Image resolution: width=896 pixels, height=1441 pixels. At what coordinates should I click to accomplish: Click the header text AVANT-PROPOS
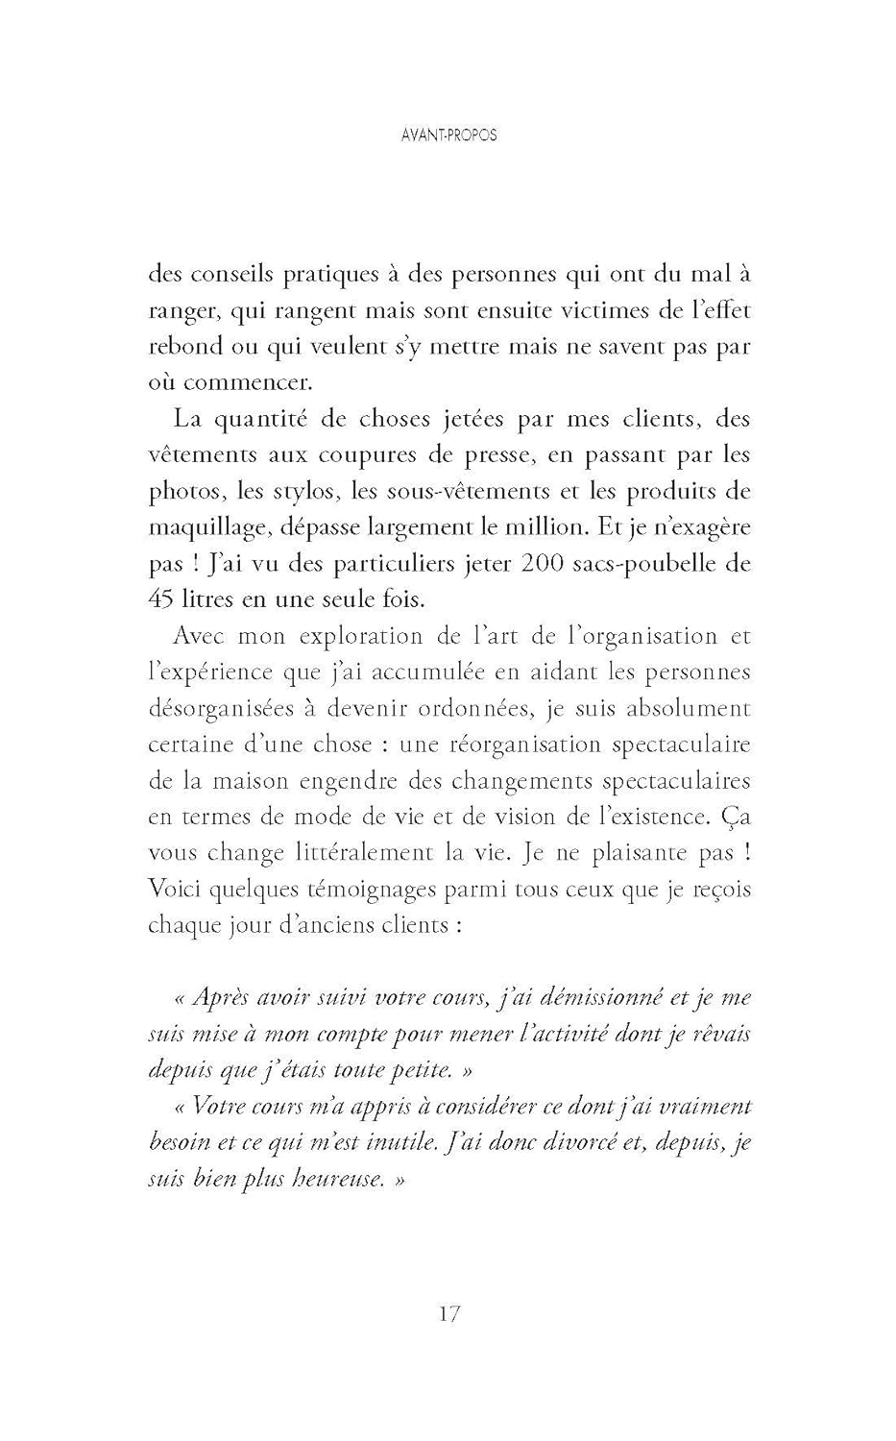point(448,135)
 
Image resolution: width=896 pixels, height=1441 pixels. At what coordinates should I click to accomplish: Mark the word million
point(553,527)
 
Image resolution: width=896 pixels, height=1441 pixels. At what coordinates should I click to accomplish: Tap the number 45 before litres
point(160,599)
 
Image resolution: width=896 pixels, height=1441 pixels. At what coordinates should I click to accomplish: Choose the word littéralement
point(384,853)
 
